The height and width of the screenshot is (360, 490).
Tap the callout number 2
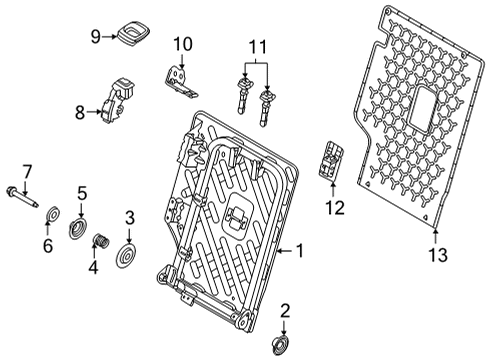pos(284,310)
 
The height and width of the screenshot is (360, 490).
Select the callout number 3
pos(130,217)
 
